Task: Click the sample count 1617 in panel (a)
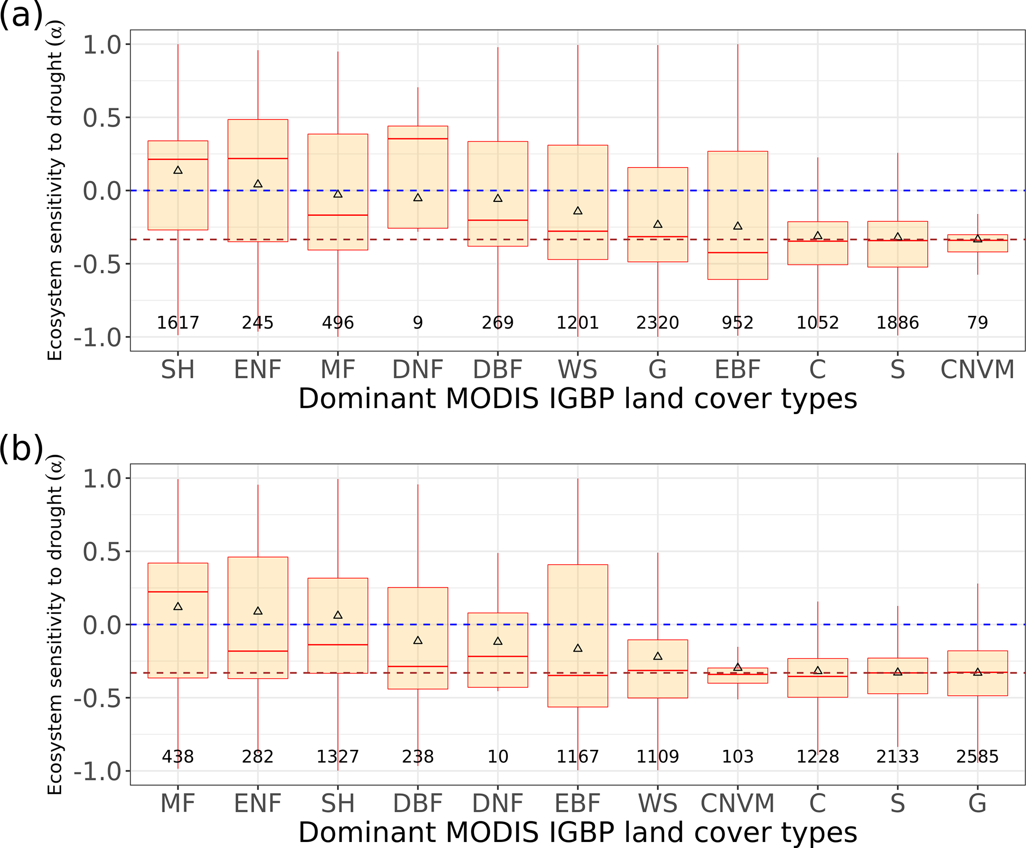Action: pos(178,323)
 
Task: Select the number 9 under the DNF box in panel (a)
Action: pos(418,323)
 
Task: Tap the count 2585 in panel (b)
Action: pos(977,757)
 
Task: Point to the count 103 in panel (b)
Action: pos(738,757)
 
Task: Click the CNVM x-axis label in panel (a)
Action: pos(977,370)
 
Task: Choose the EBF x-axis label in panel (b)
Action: pos(578,804)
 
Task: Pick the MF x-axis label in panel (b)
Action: pos(178,804)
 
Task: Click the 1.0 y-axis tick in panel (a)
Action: pos(102,45)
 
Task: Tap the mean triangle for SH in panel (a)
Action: pos(178,171)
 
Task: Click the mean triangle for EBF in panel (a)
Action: pos(738,226)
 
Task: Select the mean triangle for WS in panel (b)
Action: pos(658,657)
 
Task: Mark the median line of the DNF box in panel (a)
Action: pos(418,139)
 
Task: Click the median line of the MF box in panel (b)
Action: pos(178,592)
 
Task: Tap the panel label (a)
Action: pos(21,16)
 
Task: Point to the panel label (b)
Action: pos(21,449)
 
